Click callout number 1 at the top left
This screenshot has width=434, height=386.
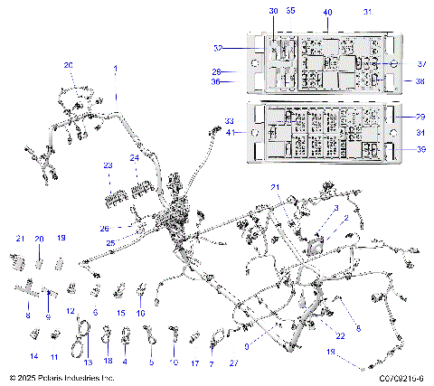(x=116, y=69)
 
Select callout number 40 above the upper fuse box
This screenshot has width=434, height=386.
(x=327, y=12)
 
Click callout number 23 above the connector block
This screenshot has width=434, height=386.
(x=108, y=165)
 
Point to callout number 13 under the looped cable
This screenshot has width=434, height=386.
(x=88, y=362)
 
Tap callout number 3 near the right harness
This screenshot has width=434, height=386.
(x=336, y=209)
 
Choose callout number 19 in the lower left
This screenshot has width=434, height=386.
(x=61, y=238)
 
